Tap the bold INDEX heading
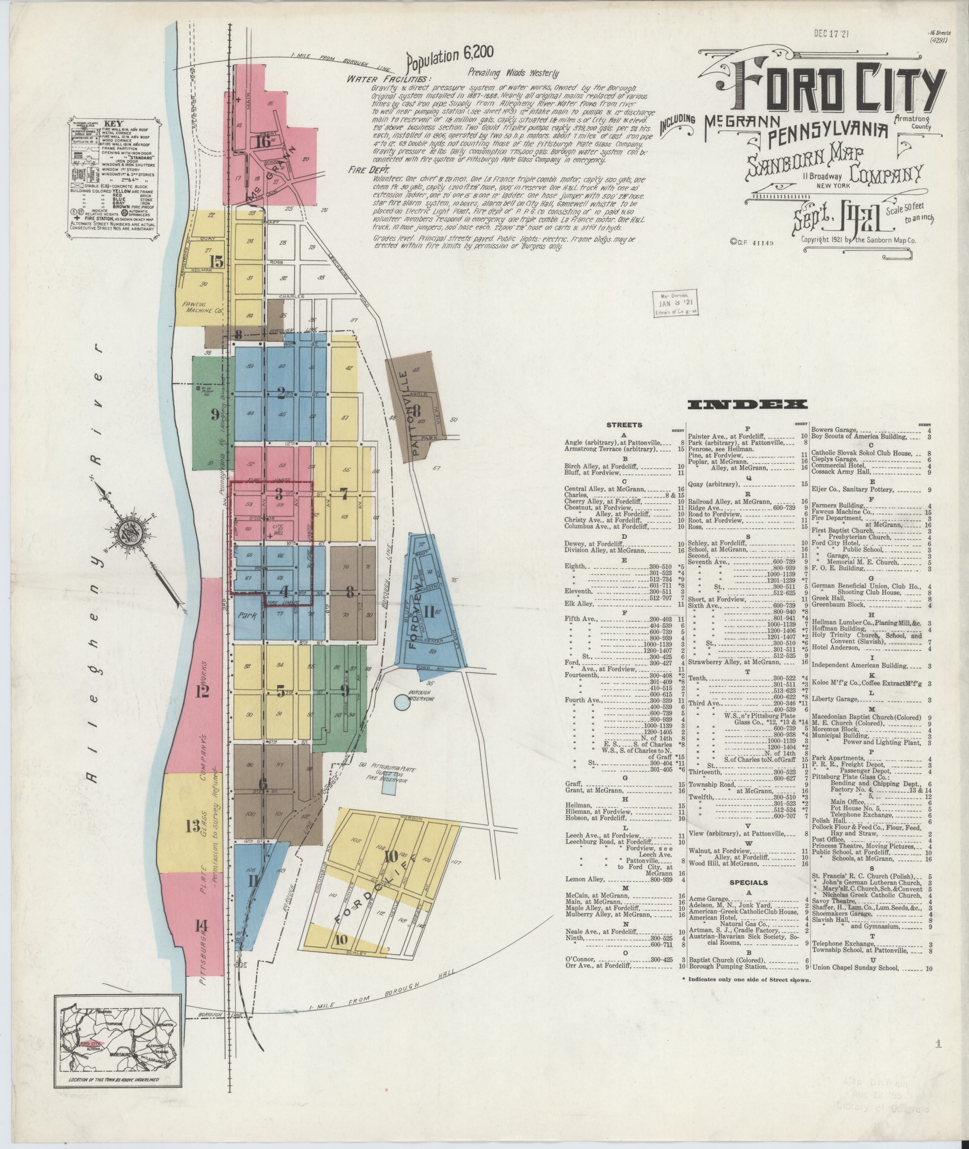pyautogui.click(x=747, y=404)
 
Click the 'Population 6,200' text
pyautogui.click(x=450, y=57)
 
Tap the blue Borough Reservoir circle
pyautogui.click(x=403, y=701)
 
